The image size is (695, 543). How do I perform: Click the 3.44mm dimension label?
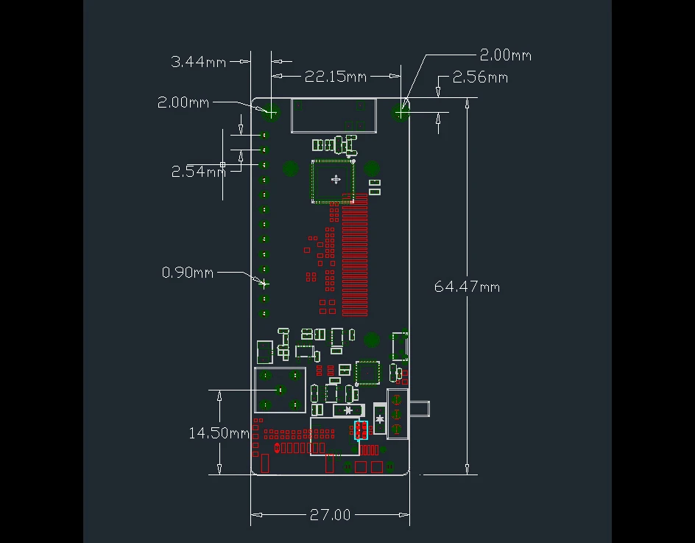coord(198,62)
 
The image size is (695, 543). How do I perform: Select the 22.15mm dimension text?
coord(336,77)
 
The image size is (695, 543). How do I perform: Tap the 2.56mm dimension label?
coord(480,77)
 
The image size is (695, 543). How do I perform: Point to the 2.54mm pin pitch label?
coord(199,171)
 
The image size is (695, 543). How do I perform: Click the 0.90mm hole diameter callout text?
coord(188,273)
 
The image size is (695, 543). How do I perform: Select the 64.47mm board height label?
coord(467,287)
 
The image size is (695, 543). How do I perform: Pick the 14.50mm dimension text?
coord(219,433)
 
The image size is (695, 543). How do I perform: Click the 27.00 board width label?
coord(330,514)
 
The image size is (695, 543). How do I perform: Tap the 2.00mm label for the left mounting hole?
coord(183,102)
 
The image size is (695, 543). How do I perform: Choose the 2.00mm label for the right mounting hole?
coord(505,55)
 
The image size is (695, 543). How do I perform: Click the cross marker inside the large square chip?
coord(336,179)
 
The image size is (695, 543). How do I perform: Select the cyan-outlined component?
coord(361,430)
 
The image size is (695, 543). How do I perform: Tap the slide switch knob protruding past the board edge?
coord(420,409)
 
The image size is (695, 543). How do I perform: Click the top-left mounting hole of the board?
coord(270,112)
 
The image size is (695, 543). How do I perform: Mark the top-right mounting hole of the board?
coord(401,112)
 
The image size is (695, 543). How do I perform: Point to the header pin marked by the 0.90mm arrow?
coord(264,284)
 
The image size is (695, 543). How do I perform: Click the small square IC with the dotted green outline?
coord(367,373)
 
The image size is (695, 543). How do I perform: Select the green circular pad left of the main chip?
coord(291,169)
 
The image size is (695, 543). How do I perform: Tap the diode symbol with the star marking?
coord(349,410)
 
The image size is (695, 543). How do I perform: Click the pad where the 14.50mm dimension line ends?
coord(280,390)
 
